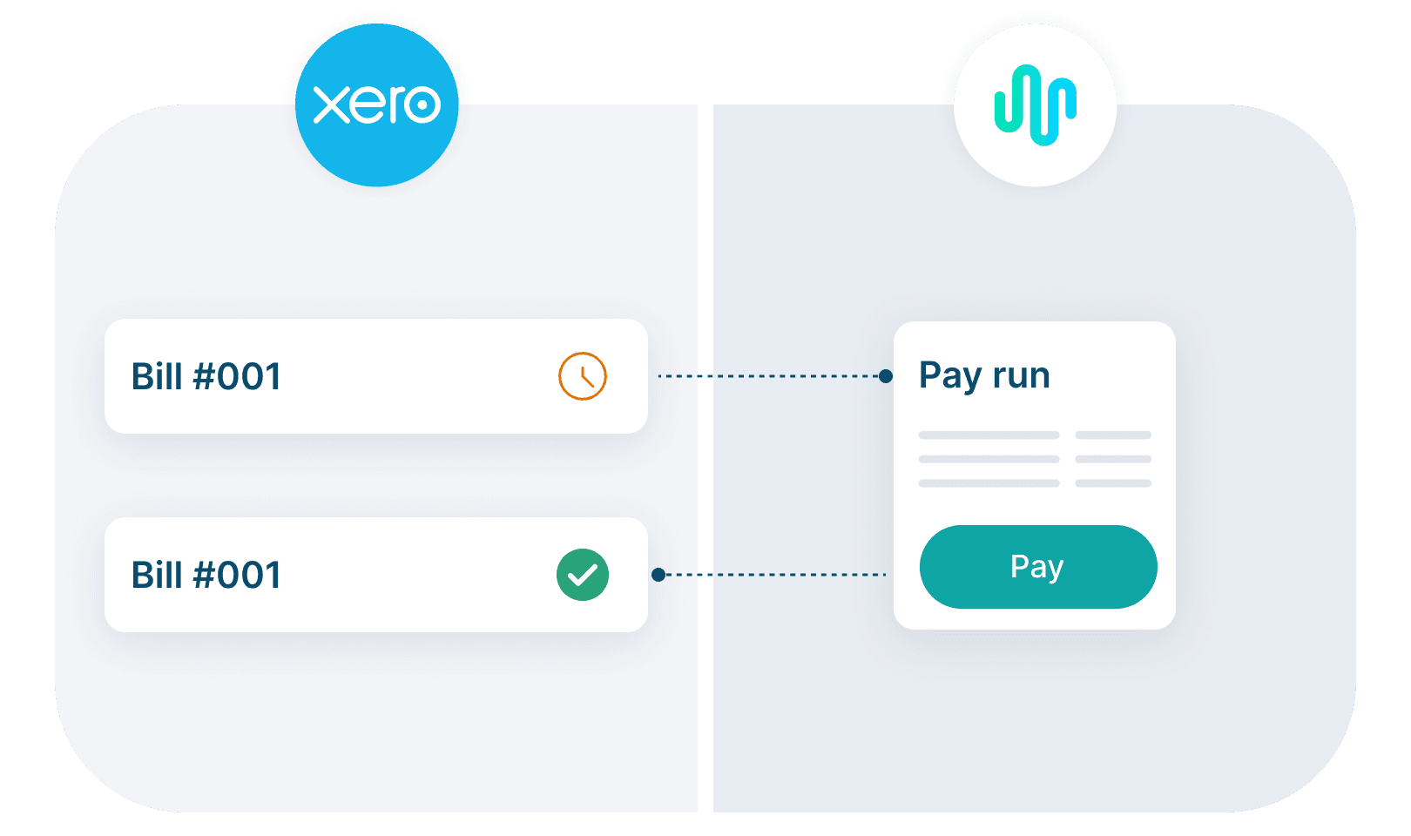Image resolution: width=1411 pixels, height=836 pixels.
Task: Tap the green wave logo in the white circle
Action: [1035, 104]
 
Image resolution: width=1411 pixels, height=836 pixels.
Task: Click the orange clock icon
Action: [582, 376]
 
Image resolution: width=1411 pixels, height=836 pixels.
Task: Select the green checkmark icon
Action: [582, 575]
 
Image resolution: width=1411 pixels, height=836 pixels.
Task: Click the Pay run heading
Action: [984, 376]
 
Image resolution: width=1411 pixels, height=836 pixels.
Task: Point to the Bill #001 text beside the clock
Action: [206, 377]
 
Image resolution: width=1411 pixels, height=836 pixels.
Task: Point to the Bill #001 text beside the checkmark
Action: [206, 576]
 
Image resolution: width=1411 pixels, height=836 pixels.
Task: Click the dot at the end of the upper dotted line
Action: [886, 376]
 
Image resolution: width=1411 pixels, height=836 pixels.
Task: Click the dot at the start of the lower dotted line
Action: [658, 575]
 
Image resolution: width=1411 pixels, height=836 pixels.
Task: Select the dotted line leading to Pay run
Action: [771, 376]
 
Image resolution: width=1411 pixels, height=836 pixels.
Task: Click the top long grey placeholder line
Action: [989, 435]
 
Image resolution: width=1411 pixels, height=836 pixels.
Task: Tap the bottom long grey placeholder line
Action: [989, 482]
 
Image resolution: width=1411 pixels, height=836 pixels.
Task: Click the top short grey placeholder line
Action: [1113, 435]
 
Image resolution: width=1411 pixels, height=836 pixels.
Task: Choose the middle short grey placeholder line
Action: [1113, 459]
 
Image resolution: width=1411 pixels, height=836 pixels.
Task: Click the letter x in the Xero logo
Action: [330, 105]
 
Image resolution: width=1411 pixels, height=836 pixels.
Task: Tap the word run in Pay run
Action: [1021, 376]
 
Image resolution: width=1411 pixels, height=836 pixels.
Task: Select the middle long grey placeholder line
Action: [989, 459]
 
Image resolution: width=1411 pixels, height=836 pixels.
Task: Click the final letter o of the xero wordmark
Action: [423, 105]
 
